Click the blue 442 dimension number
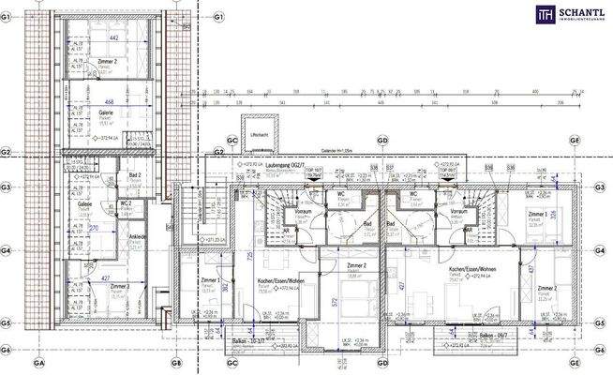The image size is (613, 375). pos(113,38)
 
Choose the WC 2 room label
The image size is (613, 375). pos(126,202)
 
